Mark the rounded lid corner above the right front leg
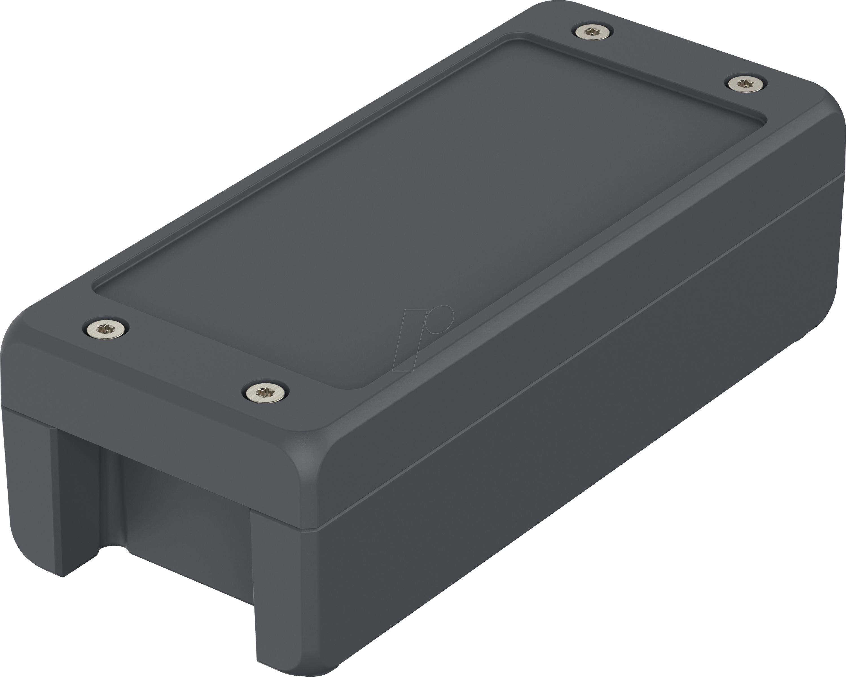click(x=314, y=451)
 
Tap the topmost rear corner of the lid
click(x=549, y=10)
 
